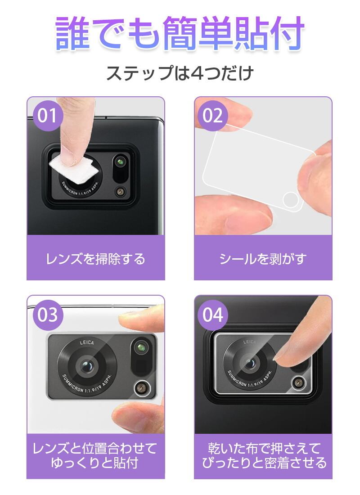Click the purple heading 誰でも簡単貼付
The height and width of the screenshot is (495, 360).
(x=180, y=33)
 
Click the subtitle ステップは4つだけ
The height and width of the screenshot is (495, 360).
(x=180, y=73)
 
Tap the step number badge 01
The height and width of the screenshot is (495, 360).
(x=47, y=115)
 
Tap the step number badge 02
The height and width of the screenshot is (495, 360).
(x=212, y=115)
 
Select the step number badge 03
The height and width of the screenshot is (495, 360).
(x=47, y=315)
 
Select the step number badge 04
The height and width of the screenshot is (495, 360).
(x=212, y=315)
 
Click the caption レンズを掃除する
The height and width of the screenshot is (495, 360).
(x=95, y=259)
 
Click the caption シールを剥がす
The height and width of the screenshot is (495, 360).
(x=263, y=259)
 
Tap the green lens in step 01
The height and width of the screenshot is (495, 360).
(x=120, y=162)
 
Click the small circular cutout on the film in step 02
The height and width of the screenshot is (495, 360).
(x=291, y=200)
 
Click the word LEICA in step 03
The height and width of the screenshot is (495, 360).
(x=86, y=342)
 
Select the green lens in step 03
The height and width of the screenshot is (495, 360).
(x=141, y=347)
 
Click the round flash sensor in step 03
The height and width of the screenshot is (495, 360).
(x=143, y=387)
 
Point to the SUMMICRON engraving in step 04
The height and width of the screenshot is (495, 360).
(x=249, y=380)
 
